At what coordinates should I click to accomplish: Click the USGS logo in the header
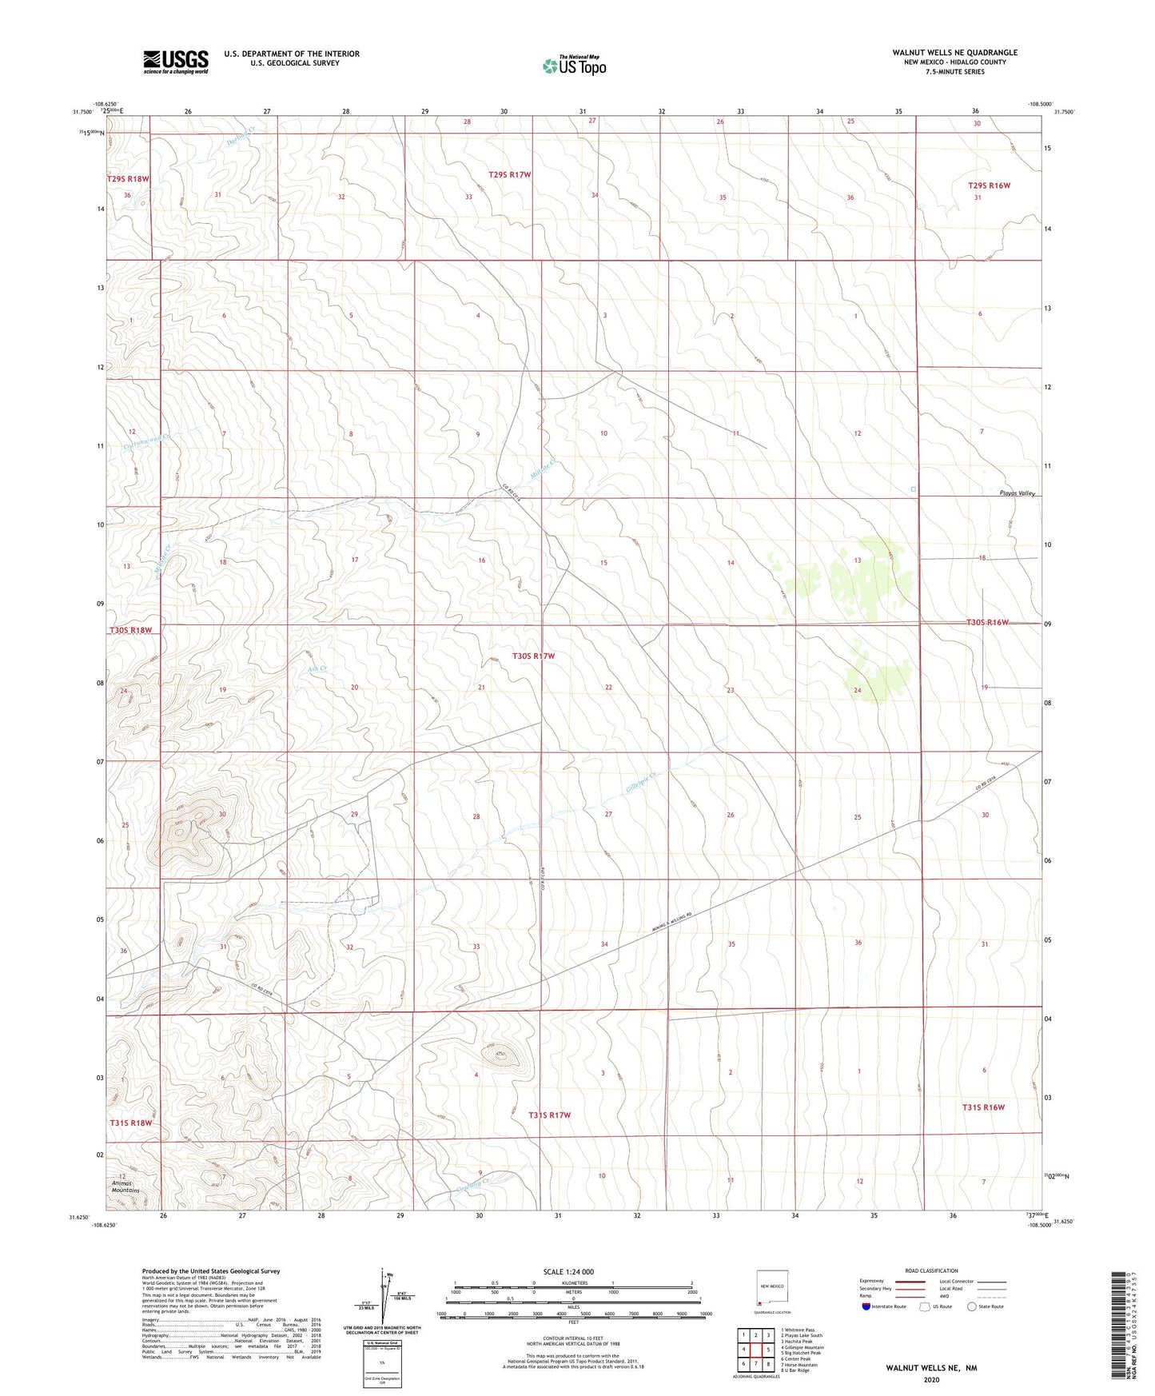176,62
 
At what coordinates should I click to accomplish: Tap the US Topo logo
574,66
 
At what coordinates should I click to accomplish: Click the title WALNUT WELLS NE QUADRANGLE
954,53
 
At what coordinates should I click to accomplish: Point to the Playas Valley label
1017,493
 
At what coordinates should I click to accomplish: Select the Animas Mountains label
124,1187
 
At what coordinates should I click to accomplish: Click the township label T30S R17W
533,656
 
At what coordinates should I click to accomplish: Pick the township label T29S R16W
989,185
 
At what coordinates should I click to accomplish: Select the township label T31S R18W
130,1123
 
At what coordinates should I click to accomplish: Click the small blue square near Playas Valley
913,489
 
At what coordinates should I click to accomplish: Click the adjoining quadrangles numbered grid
755,1352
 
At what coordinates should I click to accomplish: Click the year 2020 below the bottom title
931,1379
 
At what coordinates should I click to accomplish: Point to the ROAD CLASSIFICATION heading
931,1270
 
